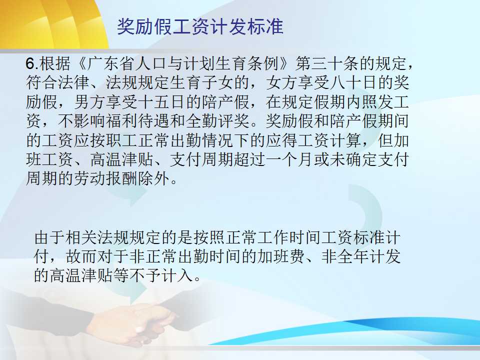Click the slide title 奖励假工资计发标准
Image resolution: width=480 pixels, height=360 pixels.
click(200, 26)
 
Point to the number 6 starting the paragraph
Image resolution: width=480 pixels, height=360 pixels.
click(30, 63)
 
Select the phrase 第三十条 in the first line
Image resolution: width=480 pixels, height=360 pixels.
click(327, 63)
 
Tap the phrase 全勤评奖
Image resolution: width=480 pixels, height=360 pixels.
click(217, 121)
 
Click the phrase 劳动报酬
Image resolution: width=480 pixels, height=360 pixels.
click(105, 179)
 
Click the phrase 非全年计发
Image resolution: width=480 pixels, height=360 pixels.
click(361, 256)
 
